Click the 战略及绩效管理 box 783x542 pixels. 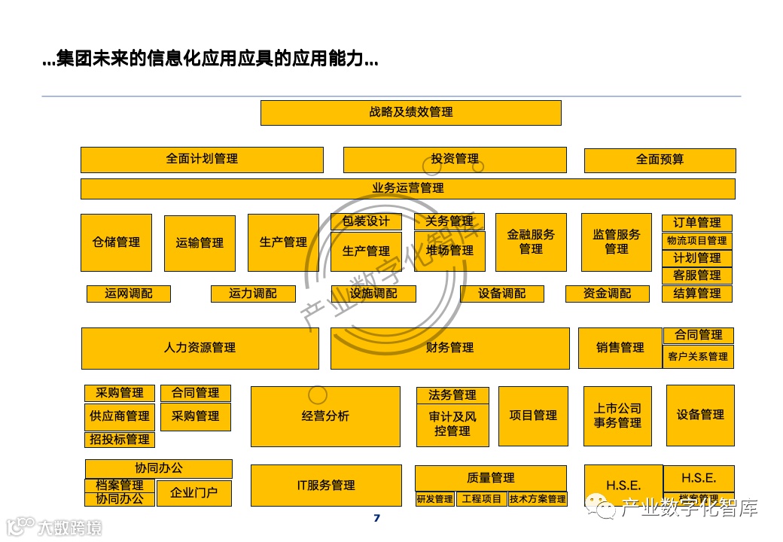(x=410, y=113)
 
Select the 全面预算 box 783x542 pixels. (x=660, y=160)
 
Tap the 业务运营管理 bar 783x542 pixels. (x=407, y=188)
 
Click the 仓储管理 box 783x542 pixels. (x=116, y=242)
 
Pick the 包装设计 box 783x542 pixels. (x=366, y=221)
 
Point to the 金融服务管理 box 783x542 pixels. (x=530, y=242)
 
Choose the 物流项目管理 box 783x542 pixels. (x=697, y=241)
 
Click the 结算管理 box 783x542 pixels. (x=697, y=294)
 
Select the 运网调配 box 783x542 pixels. (x=128, y=294)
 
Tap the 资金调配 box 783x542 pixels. (x=607, y=294)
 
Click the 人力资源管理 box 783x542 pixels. (x=200, y=348)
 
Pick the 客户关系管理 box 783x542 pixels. (x=698, y=357)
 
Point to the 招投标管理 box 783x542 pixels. (x=120, y=440)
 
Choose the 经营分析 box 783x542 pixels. (x=325, y=416)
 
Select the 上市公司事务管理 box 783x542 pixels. (x=617, y=416)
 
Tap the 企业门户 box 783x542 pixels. (x=195, y=494)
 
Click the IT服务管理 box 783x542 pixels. (x=325, y=486)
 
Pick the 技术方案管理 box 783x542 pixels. (x=537, y=499)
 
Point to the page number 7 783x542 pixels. (x=376, y=518)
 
